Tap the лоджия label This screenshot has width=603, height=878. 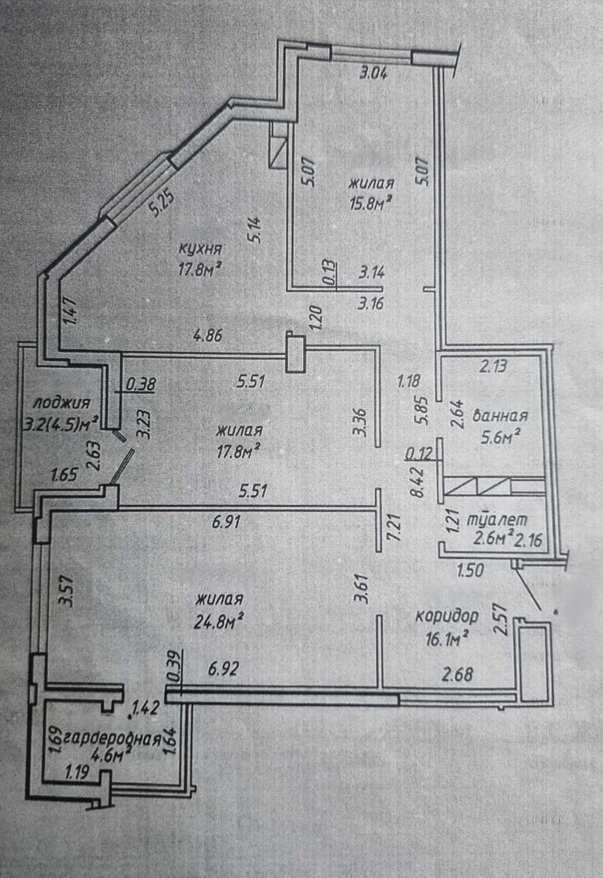point(62,403)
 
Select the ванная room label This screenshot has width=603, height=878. point(500,416)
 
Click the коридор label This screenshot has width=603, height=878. point(447,616)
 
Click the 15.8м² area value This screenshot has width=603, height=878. point(371,203)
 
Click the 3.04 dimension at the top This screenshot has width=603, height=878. point(373,73)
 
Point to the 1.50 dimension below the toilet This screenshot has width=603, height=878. point(470,571)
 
